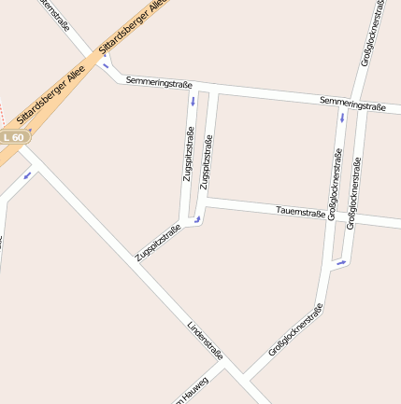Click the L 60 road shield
coord(13,137)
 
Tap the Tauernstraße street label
coord(301,213)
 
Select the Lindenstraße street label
coord(206,341)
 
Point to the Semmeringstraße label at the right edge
coord(352,104)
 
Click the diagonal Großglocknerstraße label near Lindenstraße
coord(295,329)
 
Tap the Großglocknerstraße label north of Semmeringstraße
coord(372,33)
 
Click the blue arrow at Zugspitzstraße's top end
coord(193,100)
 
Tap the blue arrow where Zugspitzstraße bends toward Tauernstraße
coord(197,220)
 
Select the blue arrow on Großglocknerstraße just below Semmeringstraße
coord(342,118)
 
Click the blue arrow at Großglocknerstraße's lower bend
coord(341,262)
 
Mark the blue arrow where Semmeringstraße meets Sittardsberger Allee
coord(106,65)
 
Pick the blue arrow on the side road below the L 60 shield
coord(27,174)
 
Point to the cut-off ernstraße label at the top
coord(55,13)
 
